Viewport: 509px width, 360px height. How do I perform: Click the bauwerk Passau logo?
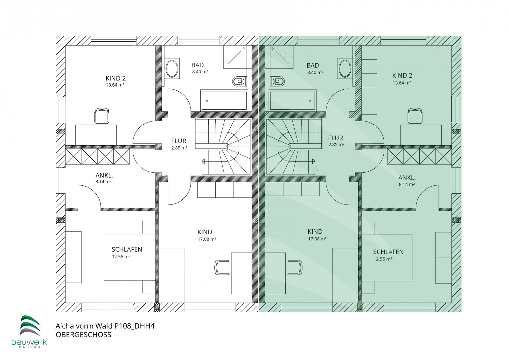pyautogui.click(x=29, y=331)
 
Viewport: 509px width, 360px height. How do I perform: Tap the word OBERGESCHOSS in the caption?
pyautogui.click(x=83, y=335)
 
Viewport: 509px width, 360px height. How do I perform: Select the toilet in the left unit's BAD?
pyautogui.click(x=239, y=81)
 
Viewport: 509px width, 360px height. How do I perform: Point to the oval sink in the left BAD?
pyautogui.click(x=172, y=68)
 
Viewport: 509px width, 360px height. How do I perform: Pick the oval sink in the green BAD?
pyautogui.click(x=345, y=69)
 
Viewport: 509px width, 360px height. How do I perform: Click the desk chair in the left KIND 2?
pyautogui.click(x=102, y=116)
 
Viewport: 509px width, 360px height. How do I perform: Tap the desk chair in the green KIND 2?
pyautogui.click(x=415, y=116)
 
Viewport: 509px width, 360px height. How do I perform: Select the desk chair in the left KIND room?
pyautogui.click(x=222, y=267)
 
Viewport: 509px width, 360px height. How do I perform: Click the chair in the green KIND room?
pyautogui.click(x=295, y=267)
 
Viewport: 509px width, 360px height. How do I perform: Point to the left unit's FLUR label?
pyautogui.click(x=179, y=141)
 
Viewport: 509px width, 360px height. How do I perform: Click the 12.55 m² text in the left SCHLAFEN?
pyautogui.click(x=121, y=257)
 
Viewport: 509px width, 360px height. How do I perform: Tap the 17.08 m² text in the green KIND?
pyautogui.click(x=317, y=239)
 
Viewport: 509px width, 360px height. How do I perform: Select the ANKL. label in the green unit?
pyautogui.click(x=407, y=178)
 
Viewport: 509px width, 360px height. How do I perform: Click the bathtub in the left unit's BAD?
pyautogui.click(x=224, y=100)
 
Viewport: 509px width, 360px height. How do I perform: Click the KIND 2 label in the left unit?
pyautogui.click(x=116, y=78)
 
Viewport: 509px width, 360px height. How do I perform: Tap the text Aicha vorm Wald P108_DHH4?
pyautogui.click(x=105, y=326)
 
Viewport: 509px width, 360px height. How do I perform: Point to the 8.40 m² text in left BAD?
pyautogui.click(x=200, y=72)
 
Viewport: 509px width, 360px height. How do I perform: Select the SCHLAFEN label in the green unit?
pyautogui.click(x=388, y=252)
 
